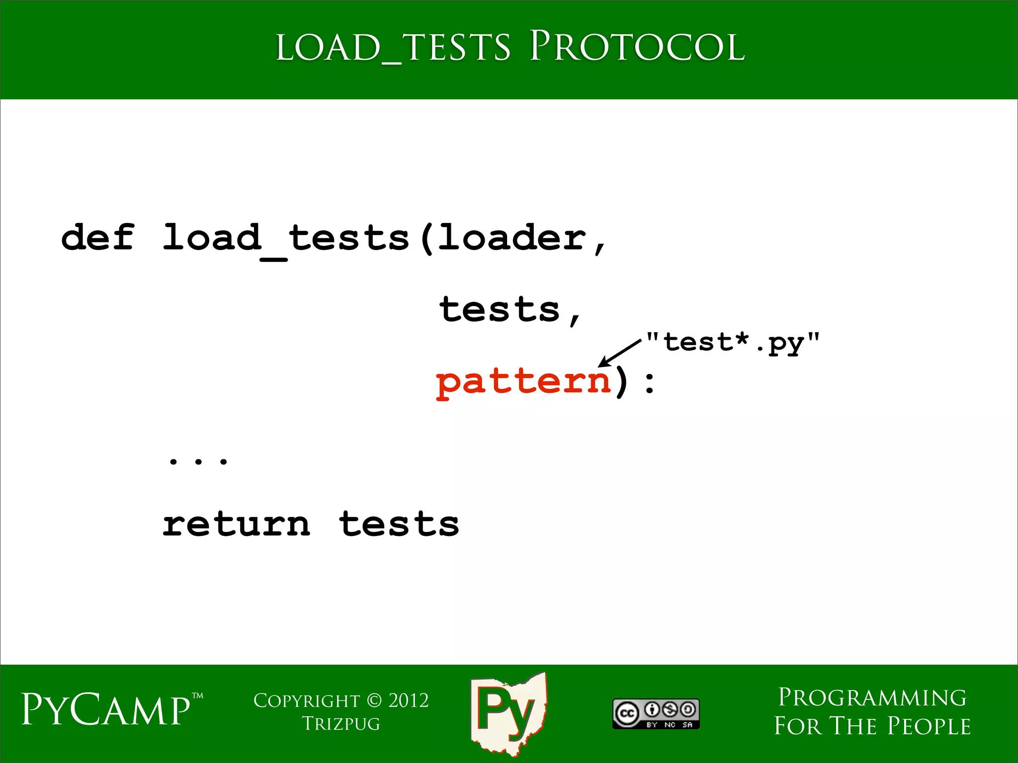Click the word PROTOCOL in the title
pyautogui.click(x=637, y=47)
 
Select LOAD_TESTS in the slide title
pyautogui.click(x=393, y=48)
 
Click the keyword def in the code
pyautogui.click(x=97, y=237)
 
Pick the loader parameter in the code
pyautogui.click(x=512, y=237)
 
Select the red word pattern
pyautogui.click(x=523, y=382)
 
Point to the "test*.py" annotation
pyautogui.click(x=733, y=342)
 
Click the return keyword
pyautogui.click(x=237, y=525)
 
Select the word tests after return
pyautogui.click(x=399, y=525)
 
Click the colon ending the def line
pyautogui.click(x=649, y=383)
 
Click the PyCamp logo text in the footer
pyautogui.click(x=106, y=709)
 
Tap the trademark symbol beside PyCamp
pyautogui.click(x=197, y=696)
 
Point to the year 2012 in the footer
pyautogui.click(x=408, y=700)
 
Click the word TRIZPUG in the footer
pyautogui.click(x=341, y=724)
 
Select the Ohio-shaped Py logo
pyautogui.click(x=508, y=712)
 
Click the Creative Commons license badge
pyautogui.click(x=656, y=714)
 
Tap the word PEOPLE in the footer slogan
pyautogui.click(x=929, y=726)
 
